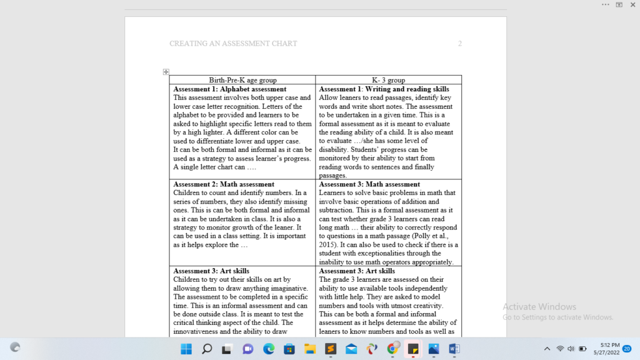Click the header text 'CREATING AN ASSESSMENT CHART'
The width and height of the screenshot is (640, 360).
(x=233, y=44)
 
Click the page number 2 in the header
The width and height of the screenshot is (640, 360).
(x=460, y=44)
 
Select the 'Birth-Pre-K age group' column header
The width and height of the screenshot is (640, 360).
(x=242, y=80)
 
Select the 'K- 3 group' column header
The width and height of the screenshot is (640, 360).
(x=388, y=80)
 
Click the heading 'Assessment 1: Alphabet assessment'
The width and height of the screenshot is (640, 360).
(x=229, y=89)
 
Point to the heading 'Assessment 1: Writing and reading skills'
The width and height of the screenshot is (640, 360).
(x=384, y=89)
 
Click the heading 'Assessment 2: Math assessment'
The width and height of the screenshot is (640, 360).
(x=223, y=184)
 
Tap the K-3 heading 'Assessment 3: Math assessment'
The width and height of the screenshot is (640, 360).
(x=369, y=184)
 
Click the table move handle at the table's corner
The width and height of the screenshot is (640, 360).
(x=166, y=72)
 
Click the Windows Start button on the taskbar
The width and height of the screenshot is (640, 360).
(x=186, y=349)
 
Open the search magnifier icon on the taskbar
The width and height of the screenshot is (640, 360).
(x=207, y=349)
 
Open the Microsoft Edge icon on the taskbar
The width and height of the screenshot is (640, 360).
(x=269, y=349)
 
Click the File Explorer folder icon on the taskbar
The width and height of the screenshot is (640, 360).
(x=309, y=349)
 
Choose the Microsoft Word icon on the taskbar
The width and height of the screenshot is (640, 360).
(x=454, y=349)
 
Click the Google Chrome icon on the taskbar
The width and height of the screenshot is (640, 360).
(x=392, y=349)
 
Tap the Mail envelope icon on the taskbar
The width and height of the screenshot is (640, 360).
(x=351, y=349)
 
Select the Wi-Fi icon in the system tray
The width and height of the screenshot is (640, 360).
(x=560, y=349)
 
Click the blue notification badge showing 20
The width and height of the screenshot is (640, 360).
(x=627, y=349)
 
